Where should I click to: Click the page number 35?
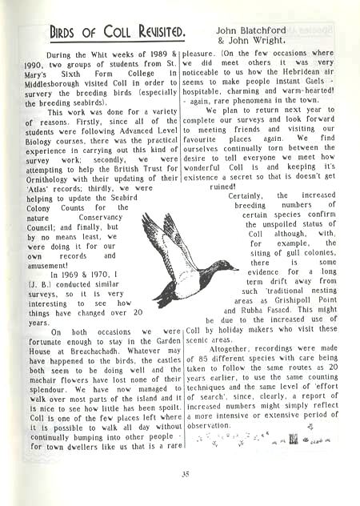(185, 474)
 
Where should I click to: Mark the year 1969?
(68, 277)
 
